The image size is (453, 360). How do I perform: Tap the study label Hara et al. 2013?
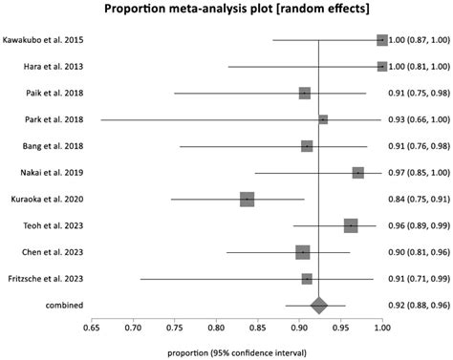[x=45, y=67]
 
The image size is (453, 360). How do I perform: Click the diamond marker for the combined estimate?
[x=318, y=305]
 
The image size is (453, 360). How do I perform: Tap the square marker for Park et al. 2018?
[x=323, y=119]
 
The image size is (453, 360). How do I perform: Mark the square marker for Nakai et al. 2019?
[x=357, y=173]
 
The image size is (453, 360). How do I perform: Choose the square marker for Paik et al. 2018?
[x=305, y=93]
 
